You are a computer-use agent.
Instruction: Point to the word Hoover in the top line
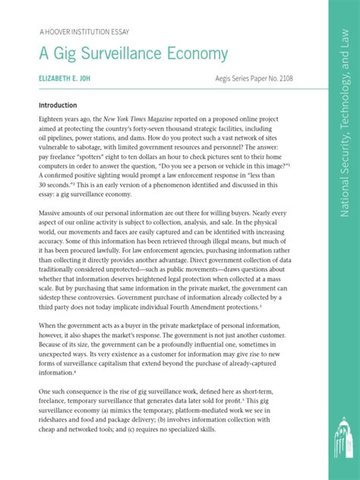pos(62,33)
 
